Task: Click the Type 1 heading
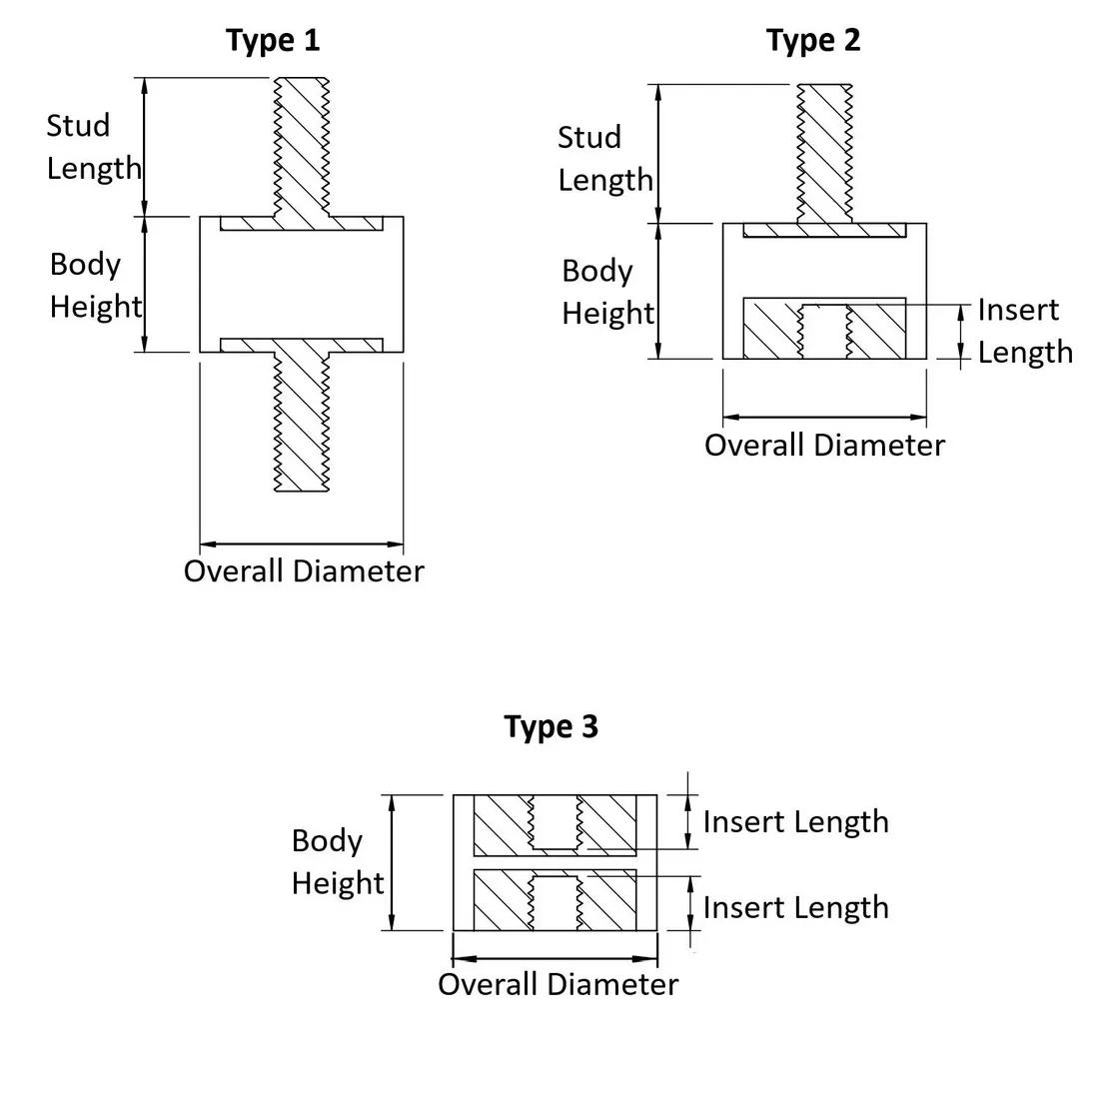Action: pyautogui.click(x=273, y=41)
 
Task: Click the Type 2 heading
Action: pyautogui.click(x=813, y=41)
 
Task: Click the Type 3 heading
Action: pyautogui.click(x=550, y=726)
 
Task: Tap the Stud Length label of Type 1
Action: pyautogui.click(x=94, y=146)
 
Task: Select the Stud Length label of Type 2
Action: pyautogui.click(x=604, y=158)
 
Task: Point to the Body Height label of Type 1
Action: pyautogui.click(x=95, y=285)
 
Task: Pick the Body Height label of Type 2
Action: pyautogui.click(x=606, y=292)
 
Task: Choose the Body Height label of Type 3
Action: pyautogui.click(x=338, y=861)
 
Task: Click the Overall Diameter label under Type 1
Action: pyautogui.click(x=304, y=571)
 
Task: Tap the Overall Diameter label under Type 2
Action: pyautogui.click(x=824, y=445)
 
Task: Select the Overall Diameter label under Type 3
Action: pyautogui.click(x=557, y=984)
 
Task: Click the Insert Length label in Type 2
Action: pyautogui.click(x=1024, y=331)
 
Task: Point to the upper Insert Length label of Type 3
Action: pyautogui.click(x=795, y=821)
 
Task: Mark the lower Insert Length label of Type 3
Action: pyautogui.click(x=795, y=907)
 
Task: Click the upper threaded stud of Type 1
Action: pyautogui.click(x=300, y=145)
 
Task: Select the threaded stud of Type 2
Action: pyautogui.click(x=824, y=150)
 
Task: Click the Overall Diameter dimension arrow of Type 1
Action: pyautogui.click(x=302, y=545)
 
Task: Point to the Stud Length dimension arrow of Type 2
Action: pyautogui.click(x=658, y=153)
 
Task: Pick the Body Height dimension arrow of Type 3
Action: pyautogui.click(x=392, y=862)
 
